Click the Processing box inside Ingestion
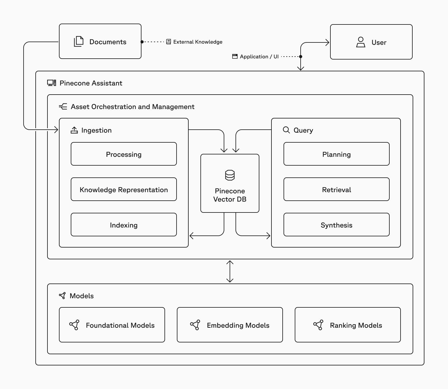(124, 154)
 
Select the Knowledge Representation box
(124, 189)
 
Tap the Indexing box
(124, 225)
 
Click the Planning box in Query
(336, 154)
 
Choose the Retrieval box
(336, 189)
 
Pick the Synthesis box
(336, 225)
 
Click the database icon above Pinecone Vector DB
(230, 175)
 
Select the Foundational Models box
(112, 325)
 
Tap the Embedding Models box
(230, 325)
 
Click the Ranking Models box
(348, 325)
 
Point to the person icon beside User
(360, 42)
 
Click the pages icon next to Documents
(78, 42)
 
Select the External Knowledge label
(197, 42)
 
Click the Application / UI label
(259, 57)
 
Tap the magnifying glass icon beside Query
(286, 130)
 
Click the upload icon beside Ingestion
(74, 130)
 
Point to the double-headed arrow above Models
(230, 271)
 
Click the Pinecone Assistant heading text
(91, 83)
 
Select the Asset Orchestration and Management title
(132, 107)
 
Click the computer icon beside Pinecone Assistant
(52, 83)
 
